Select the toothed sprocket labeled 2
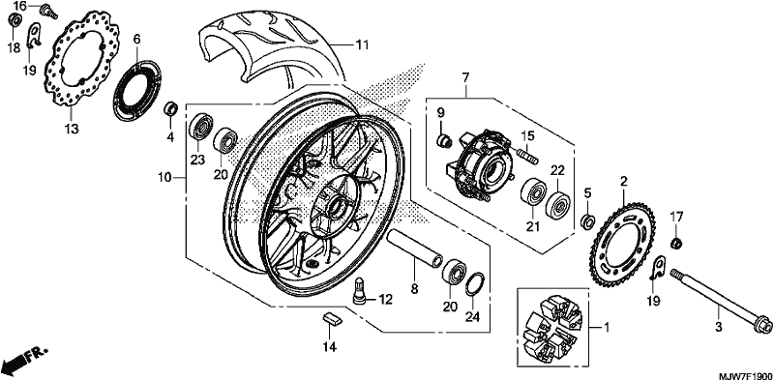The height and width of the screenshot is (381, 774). (598, 242)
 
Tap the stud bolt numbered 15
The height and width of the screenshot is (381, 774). (527, 152)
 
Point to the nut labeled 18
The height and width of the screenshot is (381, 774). (15, 20)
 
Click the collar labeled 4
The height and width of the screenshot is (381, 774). (171, 108)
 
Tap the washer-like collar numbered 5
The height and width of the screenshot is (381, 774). (588, 221)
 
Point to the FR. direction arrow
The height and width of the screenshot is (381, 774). (25, 360)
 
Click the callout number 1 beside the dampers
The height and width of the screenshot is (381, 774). (608, 327)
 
